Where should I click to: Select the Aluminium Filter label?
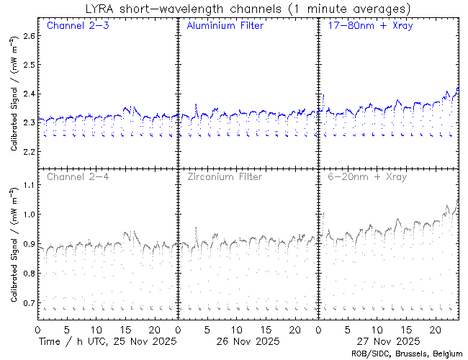pyautogui.click(x=225, y=26)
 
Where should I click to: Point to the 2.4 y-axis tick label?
pyautogui.click(x=27, y=94)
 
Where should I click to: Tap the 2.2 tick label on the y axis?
pyautogui.click(x=27, y=152)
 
